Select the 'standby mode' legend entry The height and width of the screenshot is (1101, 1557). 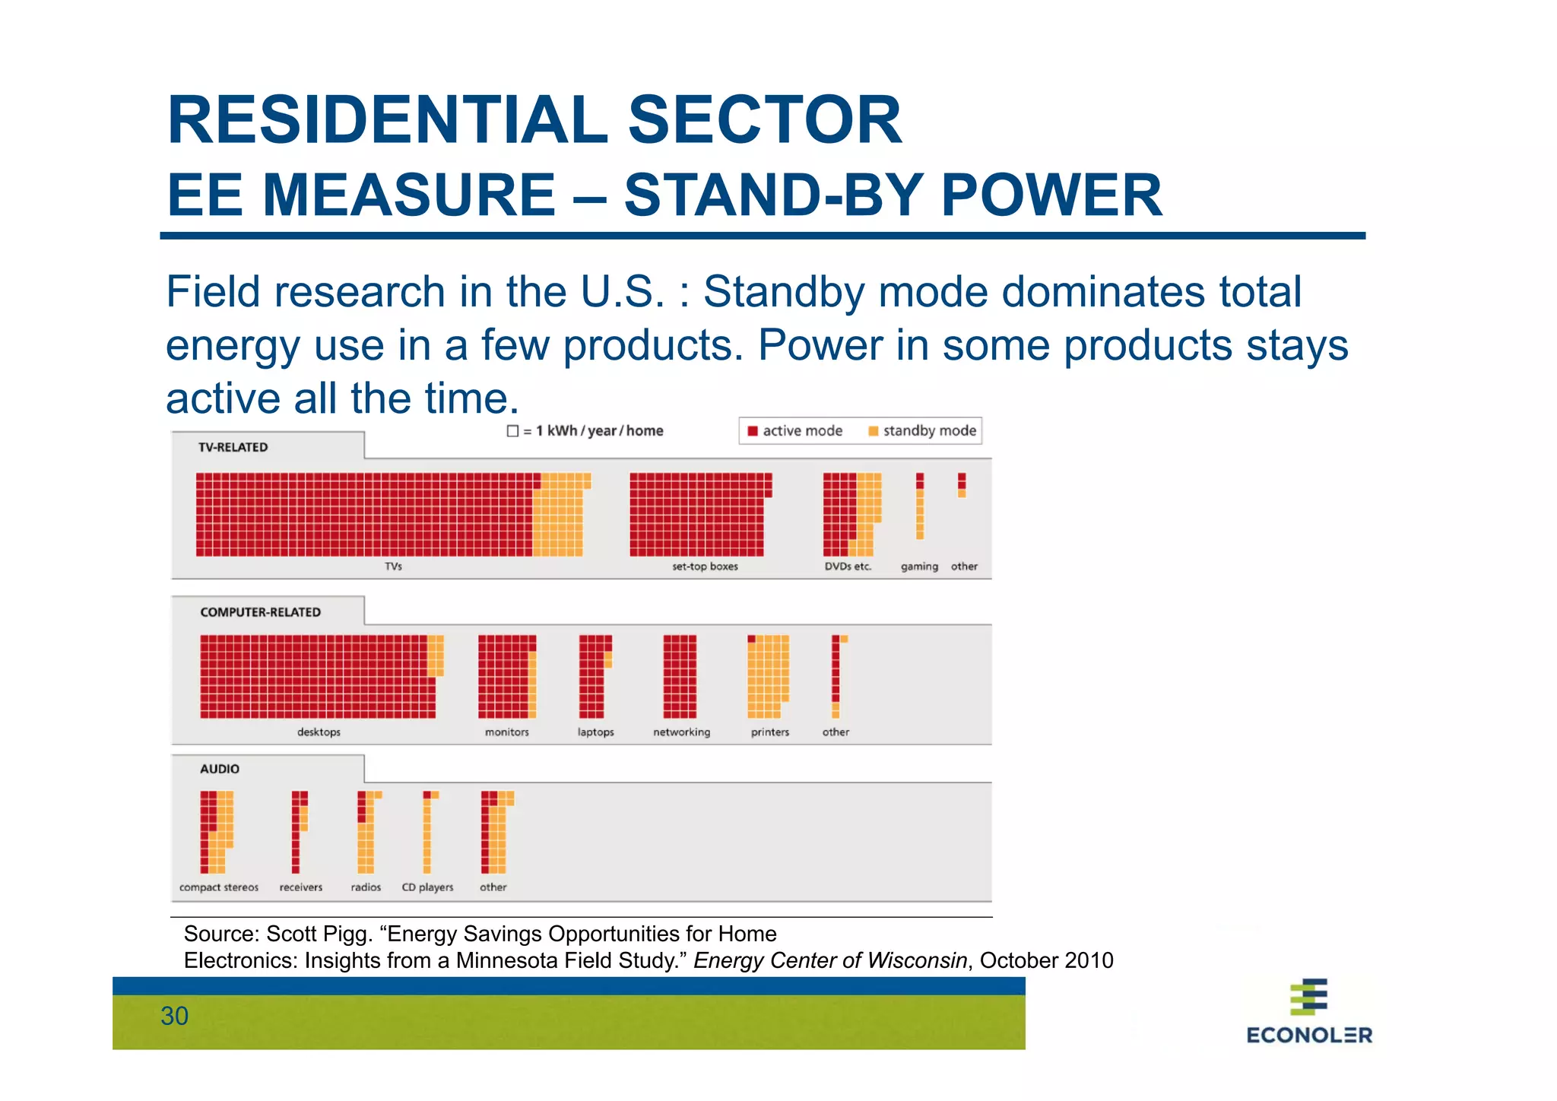pyautogui.click(x=922, y=431)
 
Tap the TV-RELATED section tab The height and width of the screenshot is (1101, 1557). pyautogui.click(x=233, y=447)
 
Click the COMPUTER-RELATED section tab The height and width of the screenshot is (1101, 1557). pyautogui.click(x=260, y=612)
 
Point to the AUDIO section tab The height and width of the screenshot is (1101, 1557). pyautogui.click(x=220, y=769)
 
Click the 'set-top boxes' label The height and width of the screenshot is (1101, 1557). pyautogui.click(x=705, y=566)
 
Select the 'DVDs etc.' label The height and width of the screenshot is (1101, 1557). pyautogui.click(x=848, y=566)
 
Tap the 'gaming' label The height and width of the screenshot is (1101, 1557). pyautogui.click(x=919, y=566)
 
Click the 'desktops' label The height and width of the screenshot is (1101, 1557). pyautogui.click(x=319, y=732)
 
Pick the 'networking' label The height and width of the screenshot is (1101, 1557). pyautogui.click(x=681, y=732)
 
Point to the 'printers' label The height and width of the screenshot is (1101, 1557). pyautogui.click(x=769, y=732)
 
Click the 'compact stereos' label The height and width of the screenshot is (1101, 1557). pyautogui.click(x=219, y=887)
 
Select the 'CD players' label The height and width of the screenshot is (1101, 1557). pyautogui.click(x=427, y=887)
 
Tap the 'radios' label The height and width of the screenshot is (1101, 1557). pyautogui.click(x=366, y=887)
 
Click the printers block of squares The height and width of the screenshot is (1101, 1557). pyautogui.click(x=768, y=676)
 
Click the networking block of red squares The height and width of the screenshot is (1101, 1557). pyautogui.click(x=680, y=676)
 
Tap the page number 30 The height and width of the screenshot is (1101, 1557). pyautogui.click(x=174, y=1017)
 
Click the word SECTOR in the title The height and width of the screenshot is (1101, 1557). pyautogui.click(x=764, y=120)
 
